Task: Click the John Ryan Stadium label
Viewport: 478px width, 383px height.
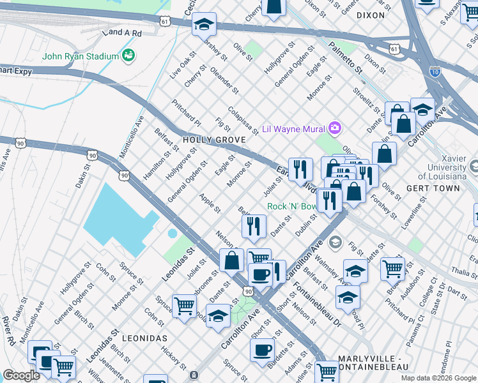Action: point(81,56)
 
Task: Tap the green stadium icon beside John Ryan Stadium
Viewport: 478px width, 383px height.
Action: point(128,56)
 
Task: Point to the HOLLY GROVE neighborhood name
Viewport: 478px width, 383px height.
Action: point(206,139)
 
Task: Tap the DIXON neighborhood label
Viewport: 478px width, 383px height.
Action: point(371,15)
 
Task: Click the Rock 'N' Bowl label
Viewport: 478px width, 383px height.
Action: point(291,206)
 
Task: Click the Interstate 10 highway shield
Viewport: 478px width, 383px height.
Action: point(435,71)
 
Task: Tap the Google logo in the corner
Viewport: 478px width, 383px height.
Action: point(21,375)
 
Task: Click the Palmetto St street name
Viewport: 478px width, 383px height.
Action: point(346,56)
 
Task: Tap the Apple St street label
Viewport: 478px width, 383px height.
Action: point(210,204)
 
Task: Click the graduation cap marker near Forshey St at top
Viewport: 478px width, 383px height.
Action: point(204,24)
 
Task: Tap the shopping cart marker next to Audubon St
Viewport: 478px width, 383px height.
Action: point(392,268)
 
